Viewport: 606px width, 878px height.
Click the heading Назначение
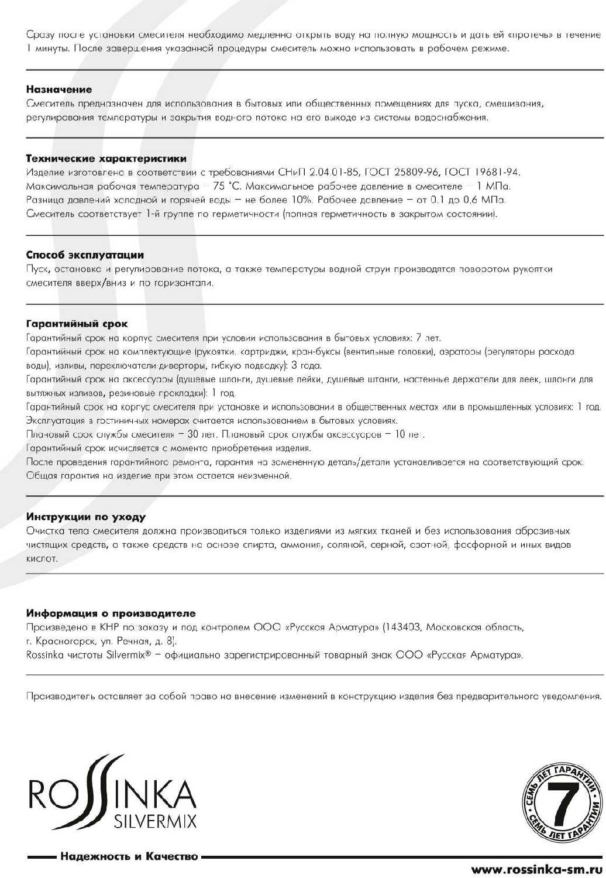[59, 90]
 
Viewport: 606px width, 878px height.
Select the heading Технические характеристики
[106, 159]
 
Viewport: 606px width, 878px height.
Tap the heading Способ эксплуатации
[85, 255]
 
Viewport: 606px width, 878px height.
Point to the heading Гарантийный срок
[77, 324]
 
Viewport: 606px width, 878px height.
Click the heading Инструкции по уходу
[86, 517]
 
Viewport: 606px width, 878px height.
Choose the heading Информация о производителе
[111, 613]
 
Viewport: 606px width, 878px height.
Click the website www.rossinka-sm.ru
[536, 869]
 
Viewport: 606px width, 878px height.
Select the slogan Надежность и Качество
[129, 857]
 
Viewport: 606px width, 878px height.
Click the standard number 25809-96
[416, 172]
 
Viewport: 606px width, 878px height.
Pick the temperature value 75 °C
[227, 186]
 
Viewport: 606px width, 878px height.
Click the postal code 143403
[403, 627]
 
